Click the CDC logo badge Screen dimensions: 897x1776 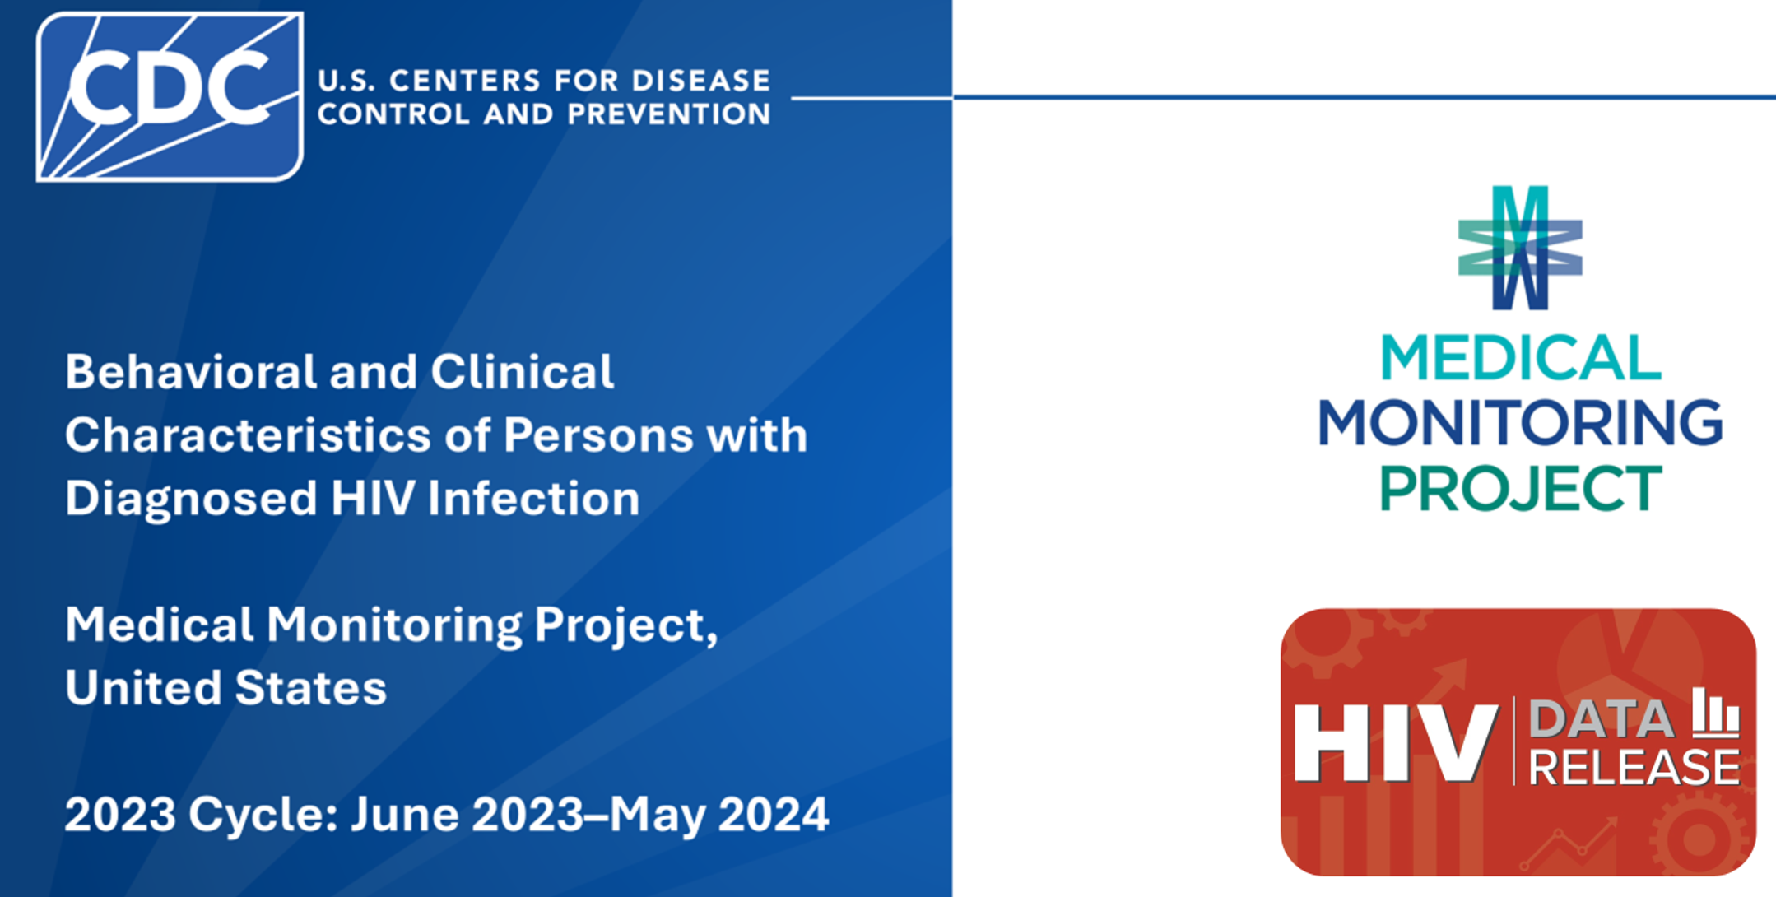tap(170, 96)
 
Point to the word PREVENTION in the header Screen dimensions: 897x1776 tap(668, 114)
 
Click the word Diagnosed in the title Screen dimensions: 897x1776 tap(191, 499)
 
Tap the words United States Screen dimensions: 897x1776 tap(225, 688)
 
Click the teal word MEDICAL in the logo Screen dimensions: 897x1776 tap(1520, 359)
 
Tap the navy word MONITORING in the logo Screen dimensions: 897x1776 tap(1520, 423)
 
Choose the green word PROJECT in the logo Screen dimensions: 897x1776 tap(1520, 488)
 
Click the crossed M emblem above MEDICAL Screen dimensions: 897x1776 tap(1520, 248)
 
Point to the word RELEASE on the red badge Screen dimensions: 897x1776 tap(1634, 767)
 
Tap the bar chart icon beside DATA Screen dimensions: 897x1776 tap(1716, 713)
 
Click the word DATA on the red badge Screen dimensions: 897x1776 tap(1601, 719)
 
